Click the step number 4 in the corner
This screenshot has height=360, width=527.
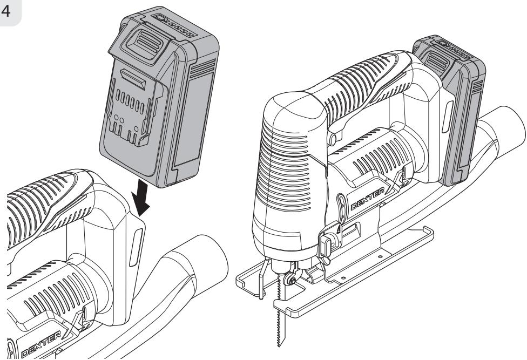point(6,11)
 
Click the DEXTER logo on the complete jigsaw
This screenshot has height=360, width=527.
point(367,199)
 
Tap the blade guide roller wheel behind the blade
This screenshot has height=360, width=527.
point(289,280)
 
